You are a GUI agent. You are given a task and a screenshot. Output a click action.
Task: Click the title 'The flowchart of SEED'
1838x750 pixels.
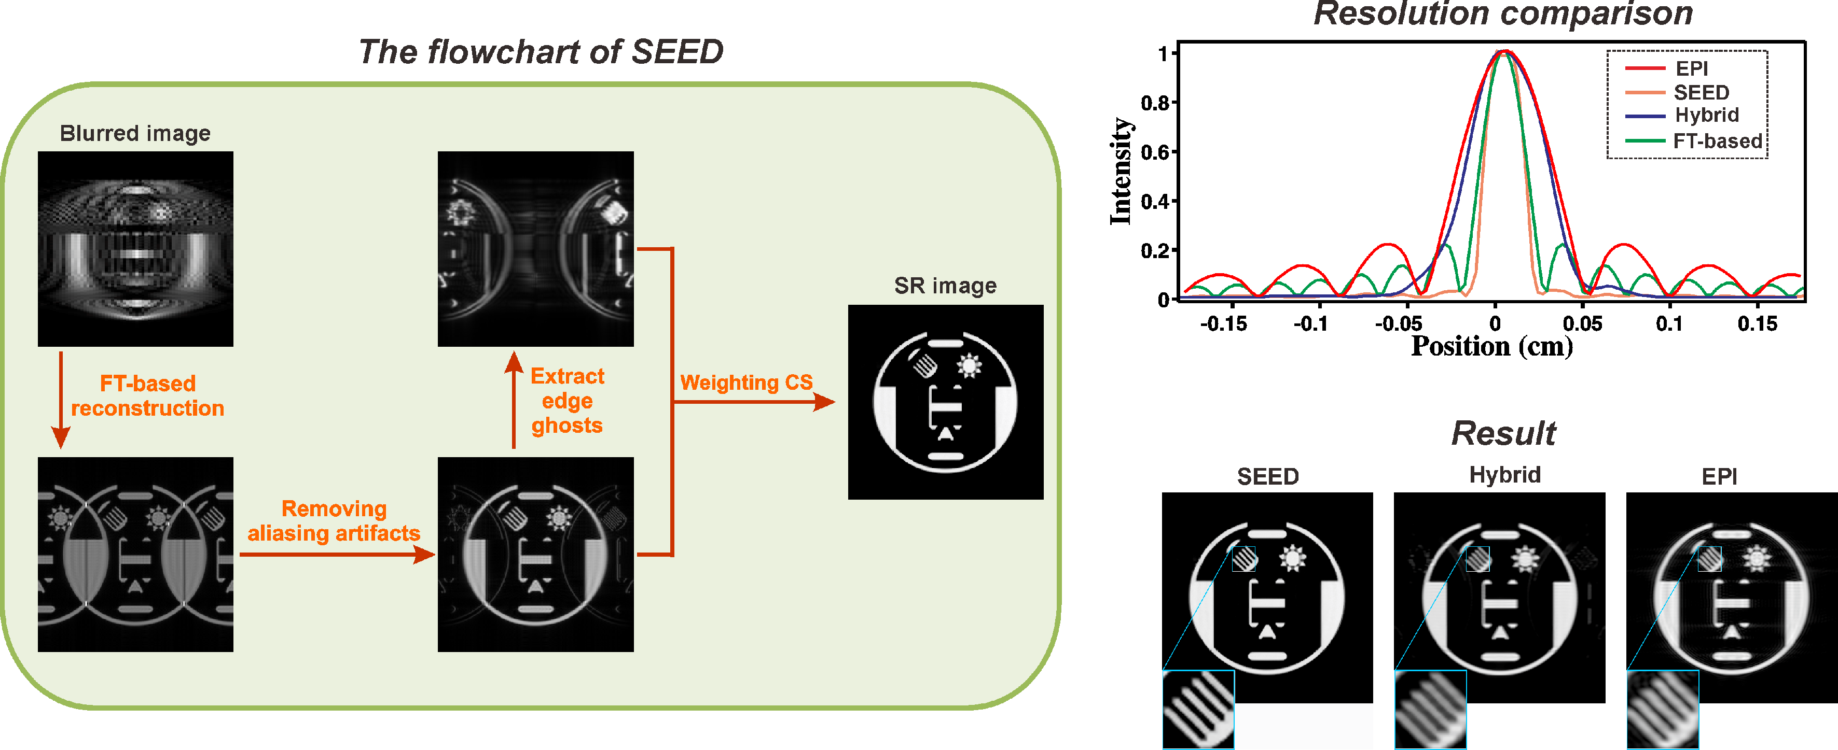(540, 52)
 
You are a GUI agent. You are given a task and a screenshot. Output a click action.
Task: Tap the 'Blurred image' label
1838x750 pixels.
(135, 133)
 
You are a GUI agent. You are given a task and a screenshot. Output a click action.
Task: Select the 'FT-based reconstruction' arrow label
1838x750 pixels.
(148, 395)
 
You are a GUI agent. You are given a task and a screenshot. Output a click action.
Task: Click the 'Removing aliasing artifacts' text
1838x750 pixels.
(334, 520)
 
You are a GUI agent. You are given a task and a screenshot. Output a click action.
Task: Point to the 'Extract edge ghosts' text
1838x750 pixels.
(567, 400)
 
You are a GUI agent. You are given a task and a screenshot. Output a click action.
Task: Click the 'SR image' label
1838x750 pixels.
(945, 286)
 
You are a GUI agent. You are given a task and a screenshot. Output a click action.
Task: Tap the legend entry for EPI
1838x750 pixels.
(1691, 68)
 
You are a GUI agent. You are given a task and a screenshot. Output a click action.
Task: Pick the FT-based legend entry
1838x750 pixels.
(1717, 141)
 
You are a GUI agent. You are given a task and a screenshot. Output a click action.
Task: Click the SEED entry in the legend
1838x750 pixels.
(1701, 93)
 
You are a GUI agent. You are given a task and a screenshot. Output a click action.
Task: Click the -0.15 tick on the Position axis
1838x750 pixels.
(1223, 324)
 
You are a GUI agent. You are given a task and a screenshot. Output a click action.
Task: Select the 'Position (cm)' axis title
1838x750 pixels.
(1491, 346)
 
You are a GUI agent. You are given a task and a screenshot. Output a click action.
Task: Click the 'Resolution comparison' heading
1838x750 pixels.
(1503, 15)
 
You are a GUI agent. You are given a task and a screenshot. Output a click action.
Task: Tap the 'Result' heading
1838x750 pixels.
(1503, 433)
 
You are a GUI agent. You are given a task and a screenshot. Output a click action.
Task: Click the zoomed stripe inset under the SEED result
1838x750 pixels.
(1198, 710)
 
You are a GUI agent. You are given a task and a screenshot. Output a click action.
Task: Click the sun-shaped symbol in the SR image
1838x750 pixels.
(969, 366)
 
